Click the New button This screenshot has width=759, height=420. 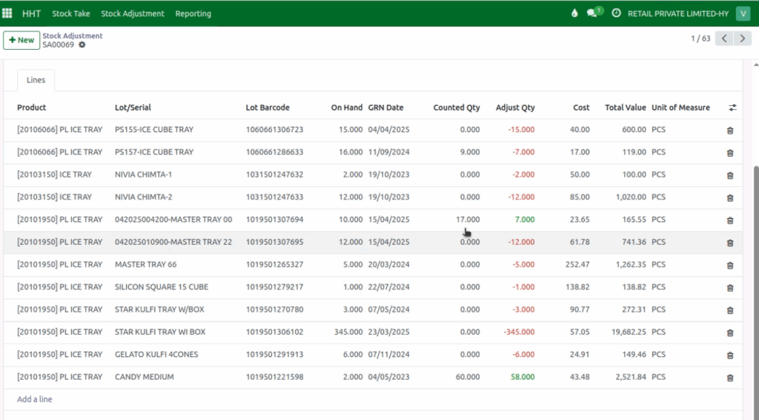[x=21, y=40]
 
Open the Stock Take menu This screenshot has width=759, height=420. [x=71, y=13]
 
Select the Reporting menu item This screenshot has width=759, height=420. [x=193, y=13]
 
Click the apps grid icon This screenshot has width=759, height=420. [x=7, y=13]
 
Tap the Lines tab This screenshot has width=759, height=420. [x=36, y=80]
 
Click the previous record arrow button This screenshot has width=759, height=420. [x=724, y=39]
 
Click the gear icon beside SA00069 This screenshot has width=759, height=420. [x=82, y=45]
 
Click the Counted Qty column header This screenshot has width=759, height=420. [x=457, y=108]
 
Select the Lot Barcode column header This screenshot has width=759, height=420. [x=268, y=108]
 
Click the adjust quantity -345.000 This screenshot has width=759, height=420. [x=519, y=332]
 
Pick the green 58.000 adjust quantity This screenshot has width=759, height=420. [x=522, y=377]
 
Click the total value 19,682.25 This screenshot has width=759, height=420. [x=624, y=332]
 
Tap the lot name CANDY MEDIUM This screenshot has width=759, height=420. [x=145, y=377]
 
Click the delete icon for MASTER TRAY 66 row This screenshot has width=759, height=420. [x=730, y=265]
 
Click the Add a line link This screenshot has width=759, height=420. [x=35, y=399]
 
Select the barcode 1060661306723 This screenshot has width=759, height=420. [x=274, y=130]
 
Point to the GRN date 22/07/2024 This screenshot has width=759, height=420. [x=388, y=287]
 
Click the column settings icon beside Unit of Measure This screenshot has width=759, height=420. [x=732, y=108]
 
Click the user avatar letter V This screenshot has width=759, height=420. [x=743, y=13]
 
